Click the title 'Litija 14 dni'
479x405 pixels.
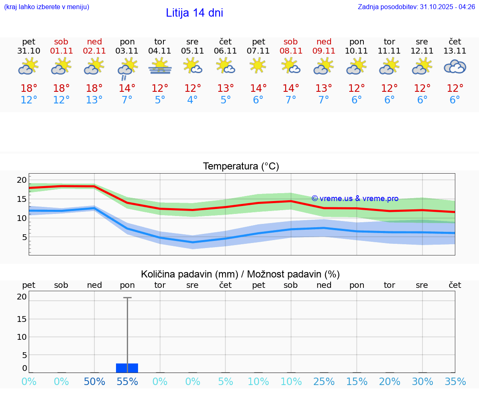[194, 13]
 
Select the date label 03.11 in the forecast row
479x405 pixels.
[127, 51]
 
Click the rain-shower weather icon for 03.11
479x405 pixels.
[127, 68]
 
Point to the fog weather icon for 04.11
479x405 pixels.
[160, 66]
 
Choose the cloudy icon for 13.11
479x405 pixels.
[455, 67]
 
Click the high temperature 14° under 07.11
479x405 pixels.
[258, 88]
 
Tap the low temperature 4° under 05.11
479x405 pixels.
[193, 100]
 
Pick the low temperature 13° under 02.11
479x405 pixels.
[94, 100]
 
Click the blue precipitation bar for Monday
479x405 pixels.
[127, 368]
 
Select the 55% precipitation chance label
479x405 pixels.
[127, 382]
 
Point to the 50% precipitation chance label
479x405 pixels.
[94, 382]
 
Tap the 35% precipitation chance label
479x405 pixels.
[455, 382]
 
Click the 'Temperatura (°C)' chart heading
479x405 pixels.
[241, 167]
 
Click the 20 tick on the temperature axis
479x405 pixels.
[22, 180]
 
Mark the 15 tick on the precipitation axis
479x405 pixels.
[22, 319]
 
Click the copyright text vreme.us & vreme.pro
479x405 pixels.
[355, 199]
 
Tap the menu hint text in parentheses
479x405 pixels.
[46, 7]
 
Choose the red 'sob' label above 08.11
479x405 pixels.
[291, 42]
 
